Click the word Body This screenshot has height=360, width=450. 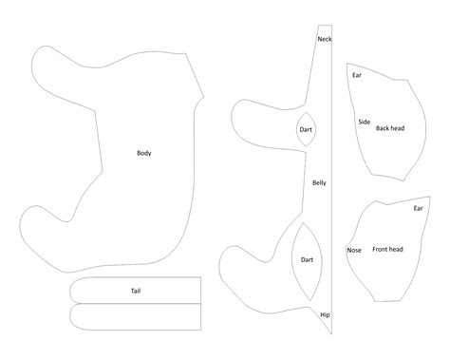[144, 153]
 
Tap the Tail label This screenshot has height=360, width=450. [137, 290]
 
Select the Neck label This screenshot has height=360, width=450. [325, 39]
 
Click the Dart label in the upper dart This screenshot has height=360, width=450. [307, 130]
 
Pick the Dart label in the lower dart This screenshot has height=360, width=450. [308, 258]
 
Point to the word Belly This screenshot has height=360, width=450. [320, 182]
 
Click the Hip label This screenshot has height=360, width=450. [325, 313]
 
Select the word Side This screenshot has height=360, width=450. [364, 122]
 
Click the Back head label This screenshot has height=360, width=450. [390, 127]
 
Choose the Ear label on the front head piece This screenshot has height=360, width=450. [418, 208]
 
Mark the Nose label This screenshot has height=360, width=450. [354, 250]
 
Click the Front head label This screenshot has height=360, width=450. [387, 249]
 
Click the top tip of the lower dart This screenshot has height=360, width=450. [305, 223]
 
